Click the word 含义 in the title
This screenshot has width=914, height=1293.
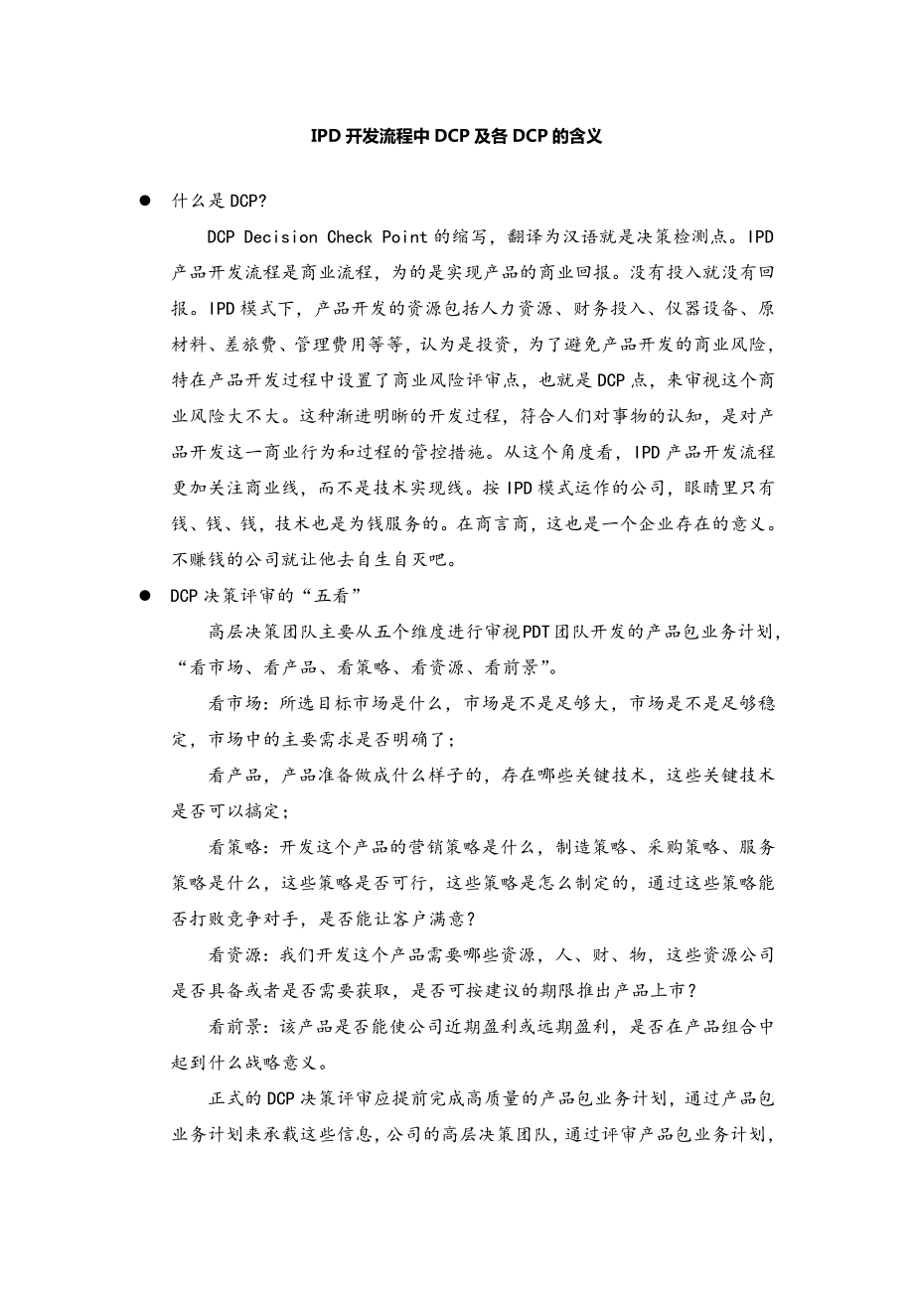(585, 137)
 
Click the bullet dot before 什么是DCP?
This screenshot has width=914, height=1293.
(145, 201)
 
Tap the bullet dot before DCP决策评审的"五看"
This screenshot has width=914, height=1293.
(145, 595)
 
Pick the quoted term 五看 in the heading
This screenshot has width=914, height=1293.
(327, 596)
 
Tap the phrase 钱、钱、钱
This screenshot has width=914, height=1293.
(209, 523)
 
